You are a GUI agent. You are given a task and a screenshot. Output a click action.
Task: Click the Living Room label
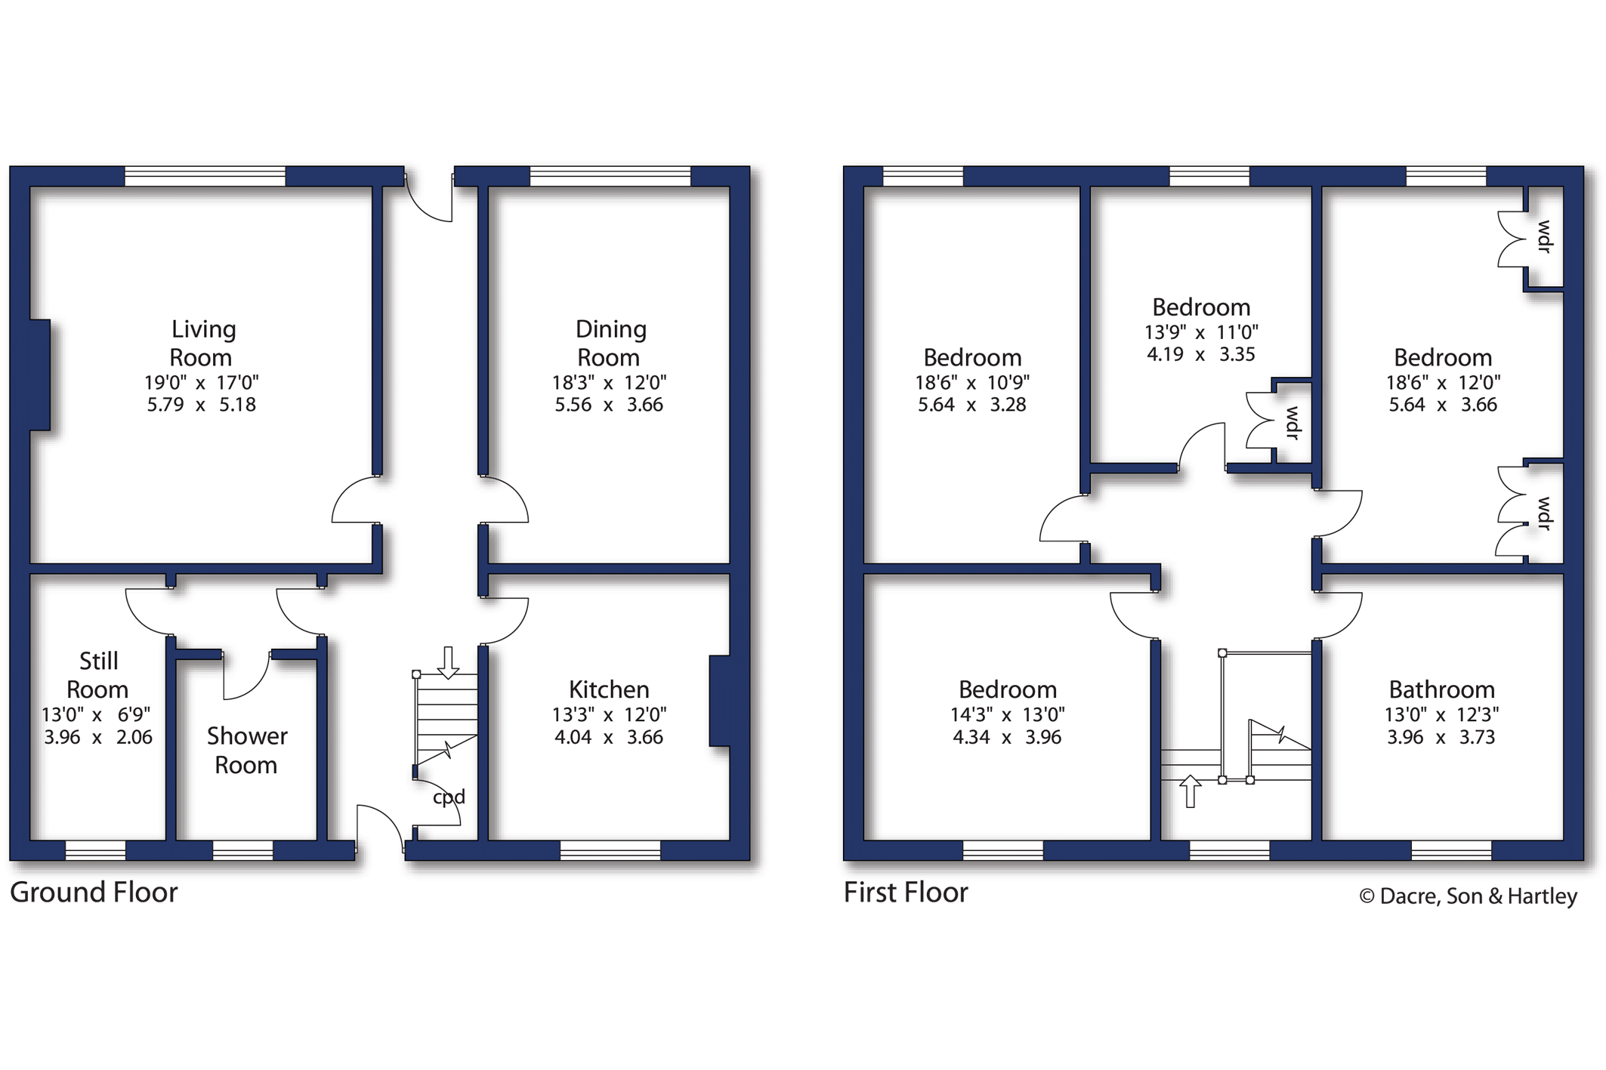pos(202,343)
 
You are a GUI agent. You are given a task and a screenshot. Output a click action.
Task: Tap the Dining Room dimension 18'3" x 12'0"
pos(609,382)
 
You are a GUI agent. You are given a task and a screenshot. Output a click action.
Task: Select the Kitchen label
pos(609,689)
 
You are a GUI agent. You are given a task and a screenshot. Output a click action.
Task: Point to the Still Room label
pos(97,675)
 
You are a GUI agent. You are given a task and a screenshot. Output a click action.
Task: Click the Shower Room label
pos(246,750)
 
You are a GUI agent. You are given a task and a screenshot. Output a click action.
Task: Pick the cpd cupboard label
pos(449,797)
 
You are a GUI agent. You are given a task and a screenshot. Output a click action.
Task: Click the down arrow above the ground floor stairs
pos(449,663)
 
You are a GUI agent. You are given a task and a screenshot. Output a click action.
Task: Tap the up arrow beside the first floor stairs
pos(1190,791)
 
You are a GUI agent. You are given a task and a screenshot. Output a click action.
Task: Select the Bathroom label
pos(1442,689)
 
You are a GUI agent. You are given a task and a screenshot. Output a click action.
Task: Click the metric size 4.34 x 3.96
pos(1007,737)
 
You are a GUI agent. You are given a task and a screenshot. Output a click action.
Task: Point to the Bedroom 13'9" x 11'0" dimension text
pos(1201,331)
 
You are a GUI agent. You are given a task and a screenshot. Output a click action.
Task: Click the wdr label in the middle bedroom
pos(1293,423)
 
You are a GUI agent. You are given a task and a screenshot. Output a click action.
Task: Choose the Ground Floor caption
pos(94,893)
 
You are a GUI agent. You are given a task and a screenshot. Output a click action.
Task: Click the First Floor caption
pos(906,893)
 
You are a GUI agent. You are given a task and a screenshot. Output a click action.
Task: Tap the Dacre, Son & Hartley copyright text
pos(1468,896)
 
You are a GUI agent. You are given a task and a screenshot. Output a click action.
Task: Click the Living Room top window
pos(205,176)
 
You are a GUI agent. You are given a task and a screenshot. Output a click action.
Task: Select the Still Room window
pos(95,851)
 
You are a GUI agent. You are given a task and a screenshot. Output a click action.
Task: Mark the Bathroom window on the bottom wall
pos(1451,851)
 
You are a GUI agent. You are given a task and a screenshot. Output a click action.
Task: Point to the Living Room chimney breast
pos(40,375)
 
